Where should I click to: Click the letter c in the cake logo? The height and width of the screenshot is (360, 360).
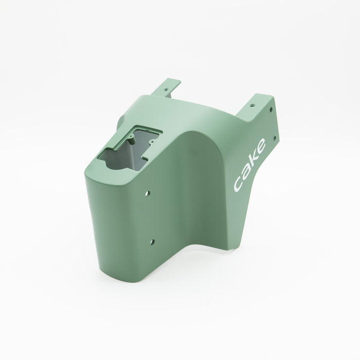pos(238,184)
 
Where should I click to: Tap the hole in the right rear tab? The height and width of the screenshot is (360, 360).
pos(253,105)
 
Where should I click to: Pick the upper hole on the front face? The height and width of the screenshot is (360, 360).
pos(148,193)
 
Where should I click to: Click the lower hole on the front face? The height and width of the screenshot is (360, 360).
pos(152,242)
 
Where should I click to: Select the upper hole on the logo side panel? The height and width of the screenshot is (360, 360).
pos(271,109)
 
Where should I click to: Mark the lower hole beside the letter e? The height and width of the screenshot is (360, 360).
pos(274,138)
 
